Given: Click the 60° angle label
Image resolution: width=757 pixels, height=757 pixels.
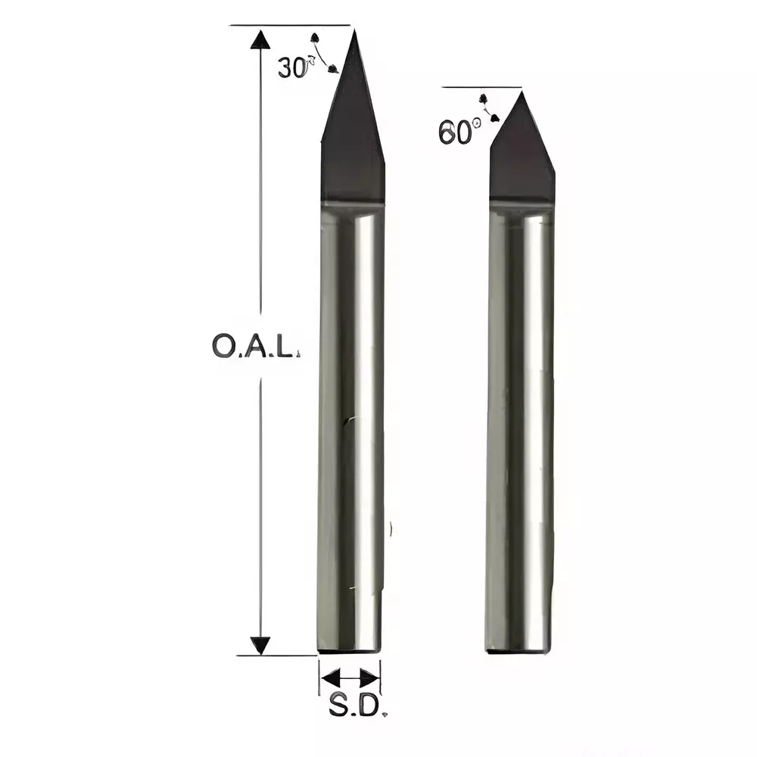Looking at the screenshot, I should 458,132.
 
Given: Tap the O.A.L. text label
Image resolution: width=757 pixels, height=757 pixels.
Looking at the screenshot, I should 256,346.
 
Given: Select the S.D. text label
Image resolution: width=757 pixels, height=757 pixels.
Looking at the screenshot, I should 354,706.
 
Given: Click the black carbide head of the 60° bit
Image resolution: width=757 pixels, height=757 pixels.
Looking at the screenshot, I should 522,159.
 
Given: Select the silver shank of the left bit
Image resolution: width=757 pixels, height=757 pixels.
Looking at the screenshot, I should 350,424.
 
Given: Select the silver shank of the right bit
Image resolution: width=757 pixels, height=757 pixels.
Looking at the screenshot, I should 519,424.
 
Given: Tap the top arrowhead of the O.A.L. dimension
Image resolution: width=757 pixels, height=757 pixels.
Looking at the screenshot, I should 260,39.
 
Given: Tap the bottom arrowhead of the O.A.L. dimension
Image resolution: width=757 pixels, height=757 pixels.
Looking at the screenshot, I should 260,645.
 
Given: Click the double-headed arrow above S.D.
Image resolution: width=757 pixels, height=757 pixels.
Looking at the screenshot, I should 350,677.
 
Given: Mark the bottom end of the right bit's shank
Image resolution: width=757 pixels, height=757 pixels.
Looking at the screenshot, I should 518,650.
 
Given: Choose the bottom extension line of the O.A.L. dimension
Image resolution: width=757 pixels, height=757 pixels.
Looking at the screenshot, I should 276,656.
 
